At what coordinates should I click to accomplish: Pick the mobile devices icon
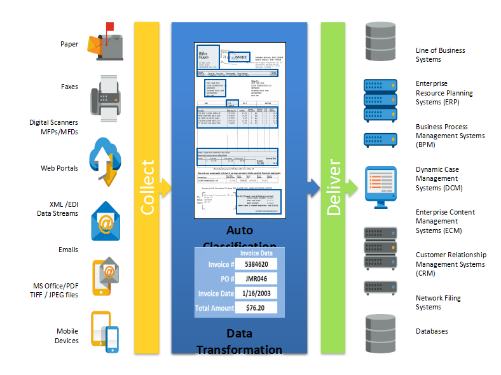[105, 330]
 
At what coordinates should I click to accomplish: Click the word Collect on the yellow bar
[146, 188]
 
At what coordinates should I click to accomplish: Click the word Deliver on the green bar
[333, 188]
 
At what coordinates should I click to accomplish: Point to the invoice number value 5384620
[256, 264]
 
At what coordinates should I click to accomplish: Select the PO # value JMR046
[256, 279]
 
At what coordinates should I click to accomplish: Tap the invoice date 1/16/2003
[256, 294]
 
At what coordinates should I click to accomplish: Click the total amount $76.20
[256, 308]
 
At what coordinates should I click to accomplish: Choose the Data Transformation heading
[239, 342]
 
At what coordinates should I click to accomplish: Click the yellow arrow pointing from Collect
[165, 186]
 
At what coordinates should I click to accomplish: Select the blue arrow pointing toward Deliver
[312, 186]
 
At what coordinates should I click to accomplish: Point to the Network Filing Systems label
[438, 302]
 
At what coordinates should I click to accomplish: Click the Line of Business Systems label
[440, 55]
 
